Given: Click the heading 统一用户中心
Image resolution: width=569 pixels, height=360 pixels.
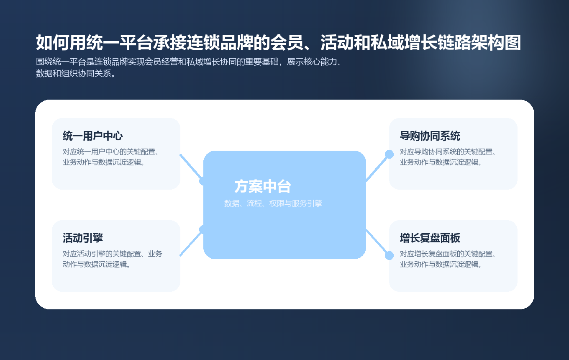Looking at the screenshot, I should point(92,136).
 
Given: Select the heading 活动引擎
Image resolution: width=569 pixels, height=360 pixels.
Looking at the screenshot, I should point(83,238).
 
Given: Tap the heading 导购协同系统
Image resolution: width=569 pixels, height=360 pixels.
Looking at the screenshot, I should point(430,136).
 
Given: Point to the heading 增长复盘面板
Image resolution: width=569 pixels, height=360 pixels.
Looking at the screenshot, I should point(430,238).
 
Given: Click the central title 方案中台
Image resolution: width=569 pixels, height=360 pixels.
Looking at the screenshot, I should point(263,186).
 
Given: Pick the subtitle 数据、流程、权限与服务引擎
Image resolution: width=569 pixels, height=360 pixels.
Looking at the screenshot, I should point(273,204).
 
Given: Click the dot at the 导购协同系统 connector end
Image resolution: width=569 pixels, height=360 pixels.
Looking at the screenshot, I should point(389,154).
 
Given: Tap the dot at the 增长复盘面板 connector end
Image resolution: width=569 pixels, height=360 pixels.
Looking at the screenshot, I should point(389,255).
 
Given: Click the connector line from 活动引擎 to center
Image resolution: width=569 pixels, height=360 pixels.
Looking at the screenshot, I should point(191,243).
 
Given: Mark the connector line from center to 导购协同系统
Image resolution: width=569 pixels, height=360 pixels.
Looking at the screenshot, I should point(377,167).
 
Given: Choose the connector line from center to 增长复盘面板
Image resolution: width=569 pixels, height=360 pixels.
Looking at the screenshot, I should point(377,242).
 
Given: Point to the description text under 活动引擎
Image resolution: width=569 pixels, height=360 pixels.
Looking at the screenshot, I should point(113,259).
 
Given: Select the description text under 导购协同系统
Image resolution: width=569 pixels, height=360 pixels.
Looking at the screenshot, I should point(448,157).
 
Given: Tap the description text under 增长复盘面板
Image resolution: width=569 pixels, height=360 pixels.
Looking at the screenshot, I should point(448,259).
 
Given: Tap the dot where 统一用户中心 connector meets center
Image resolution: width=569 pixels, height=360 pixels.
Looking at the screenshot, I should point(203,181).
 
